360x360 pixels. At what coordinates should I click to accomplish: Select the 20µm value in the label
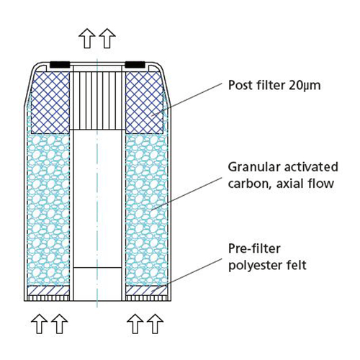coord(305,86)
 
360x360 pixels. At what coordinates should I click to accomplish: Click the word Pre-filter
coord(254,248)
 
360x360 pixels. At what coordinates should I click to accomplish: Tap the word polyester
coord(255,266)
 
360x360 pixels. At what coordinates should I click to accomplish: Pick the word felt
coord(297,265)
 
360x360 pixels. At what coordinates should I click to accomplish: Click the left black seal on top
coord(60,65)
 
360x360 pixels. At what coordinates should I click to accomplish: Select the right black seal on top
coord(135,65)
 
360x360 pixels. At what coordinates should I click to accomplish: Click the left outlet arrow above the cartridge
coord(87,38)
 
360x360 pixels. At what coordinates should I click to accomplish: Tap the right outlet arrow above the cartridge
coord(107,38)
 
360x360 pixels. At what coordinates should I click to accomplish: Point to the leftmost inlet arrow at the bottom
coord(40,324)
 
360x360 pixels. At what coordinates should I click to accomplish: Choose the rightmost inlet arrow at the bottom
coord(156,324)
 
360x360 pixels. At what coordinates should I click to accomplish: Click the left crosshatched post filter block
coord(50,102)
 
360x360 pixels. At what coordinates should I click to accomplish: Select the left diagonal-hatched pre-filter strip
coord(48,290)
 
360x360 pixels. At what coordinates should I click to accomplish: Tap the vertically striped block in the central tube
coord(97,101)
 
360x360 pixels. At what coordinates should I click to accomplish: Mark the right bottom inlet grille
coord(146,298)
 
